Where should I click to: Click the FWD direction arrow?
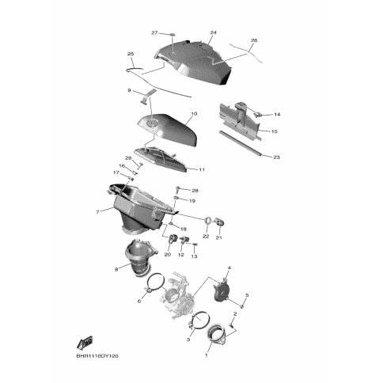point(85,343)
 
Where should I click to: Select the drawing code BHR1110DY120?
point(97,356)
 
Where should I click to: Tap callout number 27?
point(154,33)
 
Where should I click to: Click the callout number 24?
point(213,32)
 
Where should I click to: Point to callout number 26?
point(254,40)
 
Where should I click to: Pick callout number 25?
point(131,54)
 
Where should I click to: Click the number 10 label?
point(194,114)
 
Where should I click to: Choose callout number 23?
point(276,157)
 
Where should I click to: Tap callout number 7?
point(97,212)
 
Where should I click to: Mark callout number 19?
point(192,201)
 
